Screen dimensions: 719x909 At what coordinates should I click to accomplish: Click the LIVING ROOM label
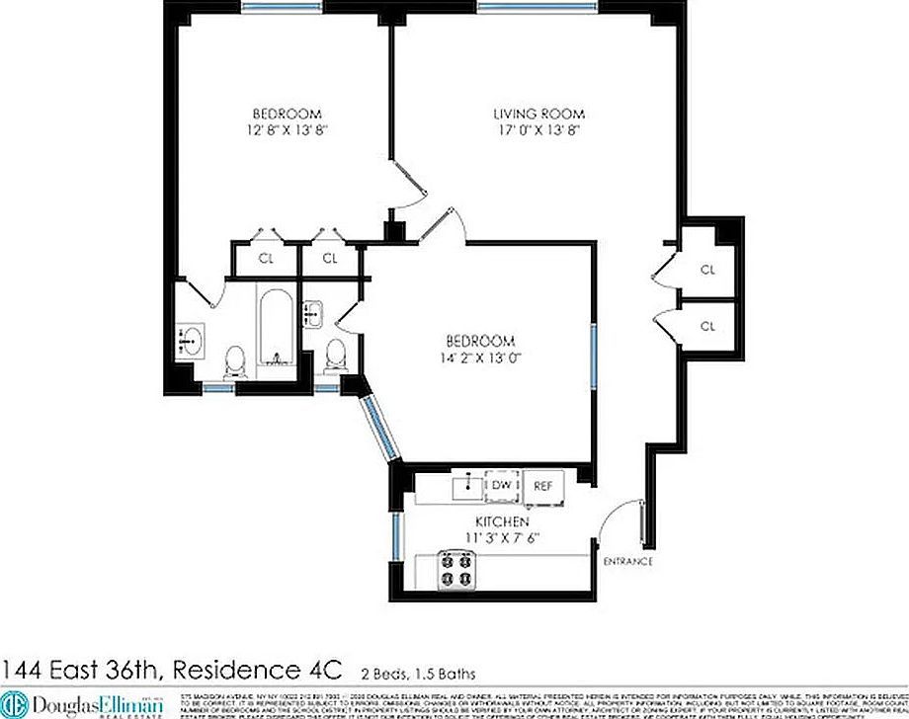[539, 114]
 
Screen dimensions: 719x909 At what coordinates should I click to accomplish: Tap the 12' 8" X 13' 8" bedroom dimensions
[286, 129]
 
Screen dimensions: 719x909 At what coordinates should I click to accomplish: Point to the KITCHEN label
[502, 521]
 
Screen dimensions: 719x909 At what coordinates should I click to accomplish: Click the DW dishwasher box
[501, 485]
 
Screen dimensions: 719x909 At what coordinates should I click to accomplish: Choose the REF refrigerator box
[542, 485]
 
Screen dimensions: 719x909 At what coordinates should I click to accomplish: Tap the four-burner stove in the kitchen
[455, 570]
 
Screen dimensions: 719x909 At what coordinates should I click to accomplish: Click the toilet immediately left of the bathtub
[235, 361]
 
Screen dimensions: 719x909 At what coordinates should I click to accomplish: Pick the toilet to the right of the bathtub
[336, 356]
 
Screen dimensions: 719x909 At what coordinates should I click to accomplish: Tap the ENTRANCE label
[628, 562]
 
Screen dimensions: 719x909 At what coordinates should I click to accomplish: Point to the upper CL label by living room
[707, 269]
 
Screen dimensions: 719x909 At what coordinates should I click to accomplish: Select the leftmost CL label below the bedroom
[266, 259]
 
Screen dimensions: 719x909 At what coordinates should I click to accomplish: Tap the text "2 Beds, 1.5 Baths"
[416, 673]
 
